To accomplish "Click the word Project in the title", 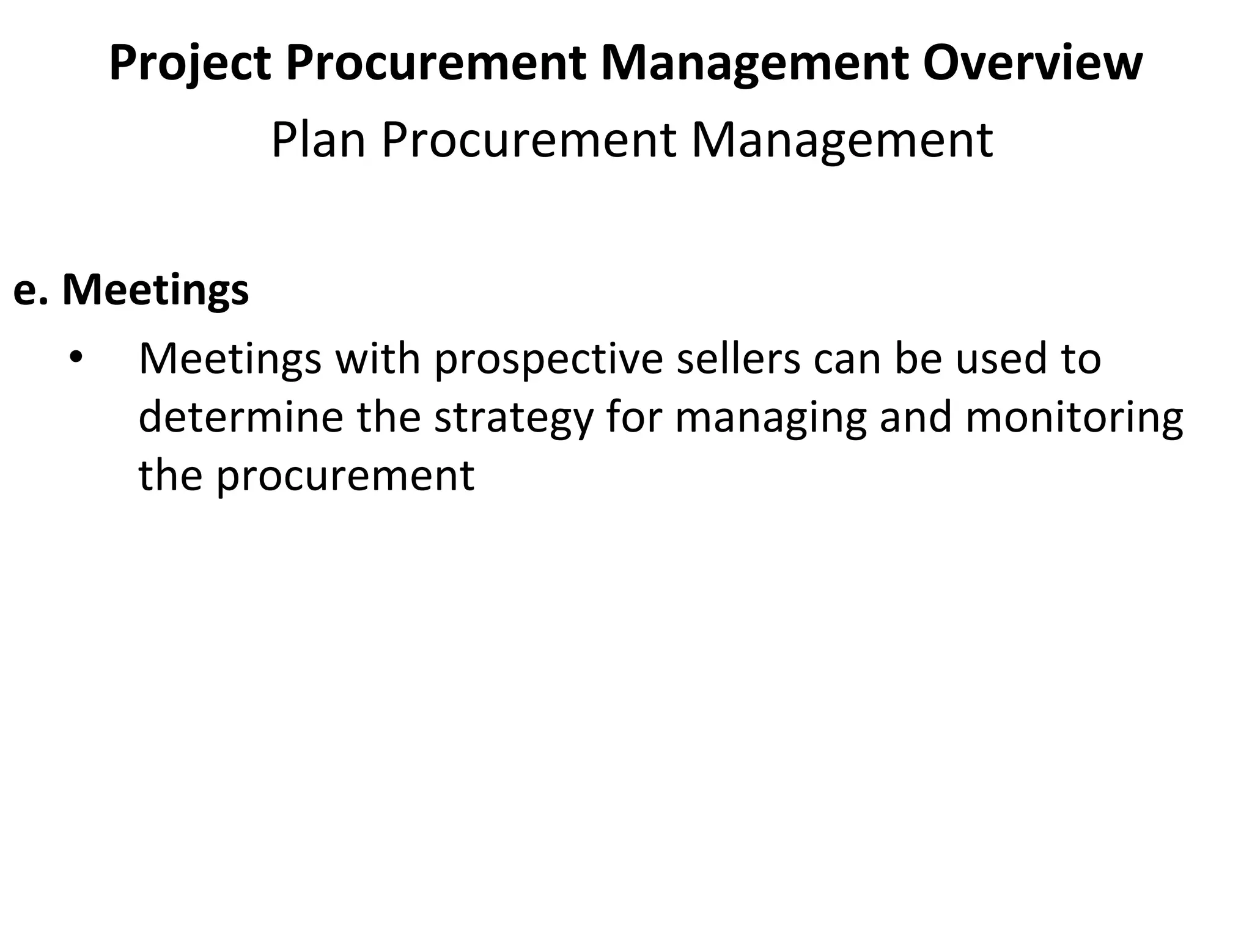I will click(x=190, y=63).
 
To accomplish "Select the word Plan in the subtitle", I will click(x=318, y=141).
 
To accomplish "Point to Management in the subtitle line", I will click(x=842, y=141).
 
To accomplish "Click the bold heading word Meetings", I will click(x=155, y=289).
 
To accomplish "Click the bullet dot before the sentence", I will click(x=75, y=358).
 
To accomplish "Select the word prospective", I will click(x=548, y=359).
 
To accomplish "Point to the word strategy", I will click(x=514, y=419).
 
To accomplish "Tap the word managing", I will click(x=770, y=419).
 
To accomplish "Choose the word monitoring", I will click(x=1074, y=419).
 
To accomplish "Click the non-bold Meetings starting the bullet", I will click(x=230, y=359).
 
